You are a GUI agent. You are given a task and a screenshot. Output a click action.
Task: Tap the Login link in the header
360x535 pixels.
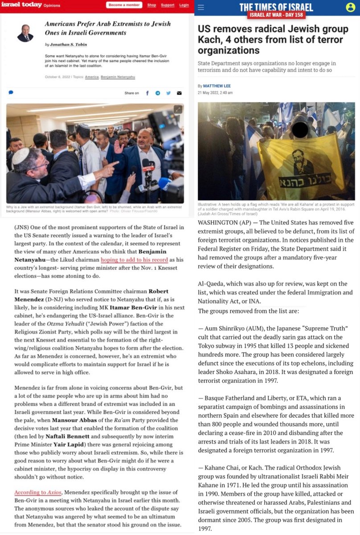184,5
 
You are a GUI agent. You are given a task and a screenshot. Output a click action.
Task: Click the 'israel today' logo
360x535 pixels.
23,5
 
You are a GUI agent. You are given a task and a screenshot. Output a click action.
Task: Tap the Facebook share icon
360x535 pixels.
147,93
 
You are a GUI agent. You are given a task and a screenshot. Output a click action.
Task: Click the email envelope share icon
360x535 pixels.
179,93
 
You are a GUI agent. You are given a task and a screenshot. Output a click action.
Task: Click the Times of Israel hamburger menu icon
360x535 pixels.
201,8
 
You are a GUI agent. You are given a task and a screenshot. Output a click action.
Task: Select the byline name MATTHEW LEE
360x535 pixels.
218,86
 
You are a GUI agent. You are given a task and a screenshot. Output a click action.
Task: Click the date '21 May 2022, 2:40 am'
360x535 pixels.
215,93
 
